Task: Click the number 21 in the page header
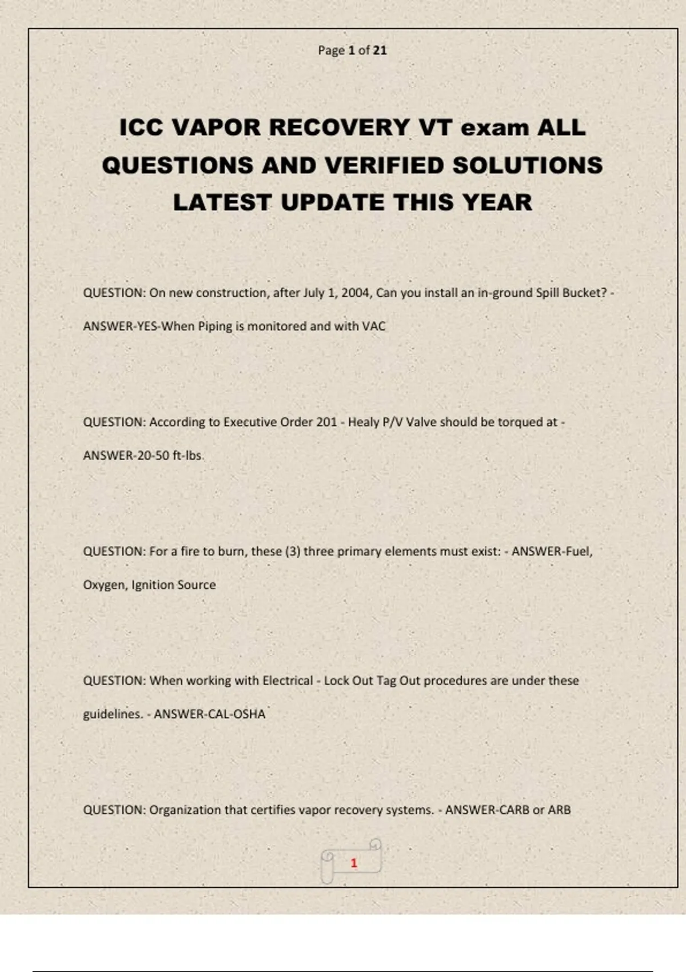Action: coord(380,50)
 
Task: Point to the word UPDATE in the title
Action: coord(333,202)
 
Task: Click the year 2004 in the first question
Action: coord(356,293)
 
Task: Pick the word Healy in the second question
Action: coord(363,422)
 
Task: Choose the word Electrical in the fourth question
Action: coord(288,680)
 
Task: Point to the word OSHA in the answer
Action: coord(249,714)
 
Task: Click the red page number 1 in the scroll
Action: coord(354,863)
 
